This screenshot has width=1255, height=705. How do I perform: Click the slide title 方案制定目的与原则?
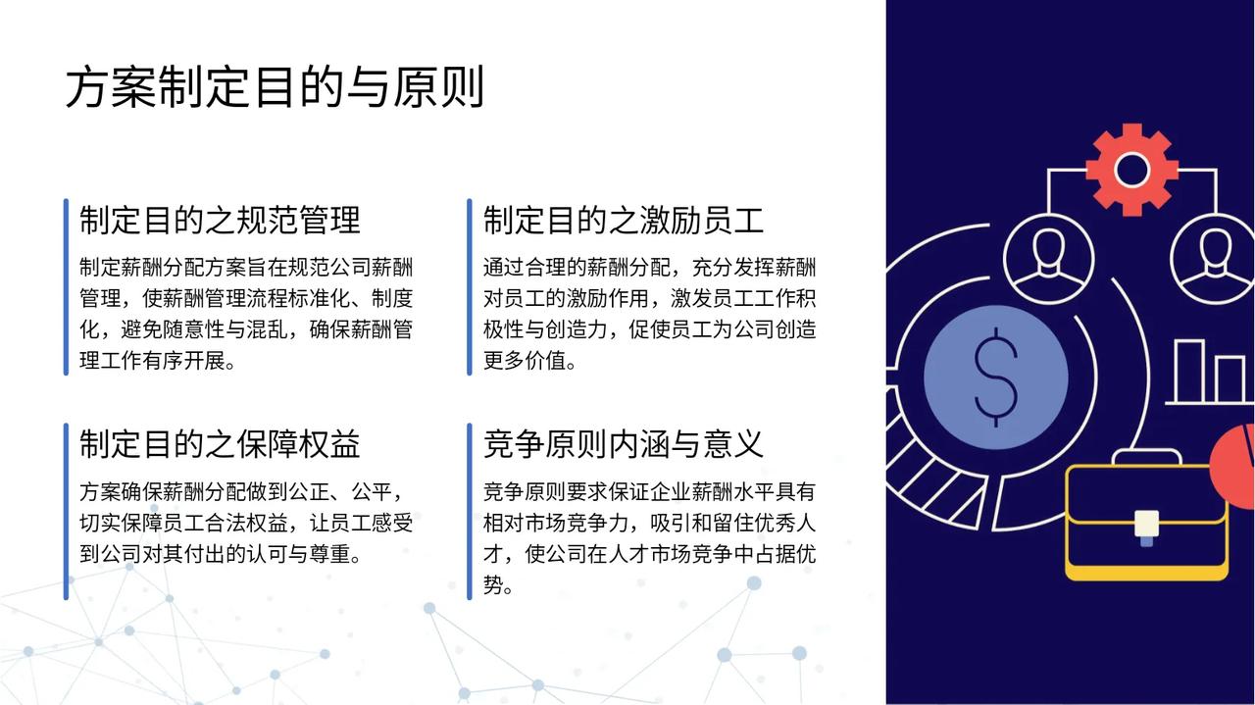coord(275,87)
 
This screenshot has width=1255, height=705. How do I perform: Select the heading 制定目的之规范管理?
coord(220,221)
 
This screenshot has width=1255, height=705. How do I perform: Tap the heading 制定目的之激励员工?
coord(624,221)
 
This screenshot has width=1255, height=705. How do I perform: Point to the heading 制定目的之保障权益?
coord(220,444)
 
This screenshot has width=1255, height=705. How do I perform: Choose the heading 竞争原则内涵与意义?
coord(624,444)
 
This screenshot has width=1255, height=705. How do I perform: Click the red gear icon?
coord(1131,170)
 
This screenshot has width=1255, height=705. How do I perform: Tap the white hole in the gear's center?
coord(1131,170)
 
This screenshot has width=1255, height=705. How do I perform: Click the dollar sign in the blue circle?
coord(995,378)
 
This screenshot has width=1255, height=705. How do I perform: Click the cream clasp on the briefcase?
coord(1146,524)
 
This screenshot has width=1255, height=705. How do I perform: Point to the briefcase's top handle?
coord(1146,457)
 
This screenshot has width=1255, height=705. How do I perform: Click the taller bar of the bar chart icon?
coord(1189,371)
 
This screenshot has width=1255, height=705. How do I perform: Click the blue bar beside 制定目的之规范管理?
coord(66,287)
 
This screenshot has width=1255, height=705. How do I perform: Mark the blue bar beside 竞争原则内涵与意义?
coord(470,511)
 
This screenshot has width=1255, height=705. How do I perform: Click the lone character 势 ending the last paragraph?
coord(493,585)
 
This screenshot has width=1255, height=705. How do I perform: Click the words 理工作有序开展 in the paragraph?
coord(152,361)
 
